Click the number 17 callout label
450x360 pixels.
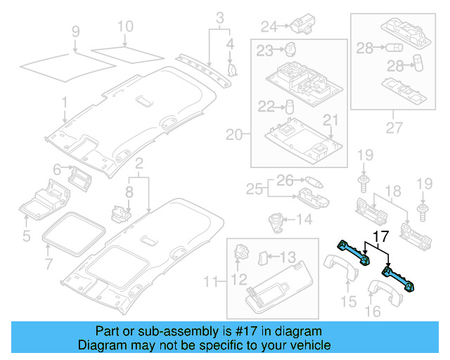coord(380,238)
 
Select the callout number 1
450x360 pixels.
coord(64,103)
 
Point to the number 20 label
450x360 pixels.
coord(233,134)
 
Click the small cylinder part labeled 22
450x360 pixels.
coord(288,108)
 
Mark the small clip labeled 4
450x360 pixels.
coord(233,68)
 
